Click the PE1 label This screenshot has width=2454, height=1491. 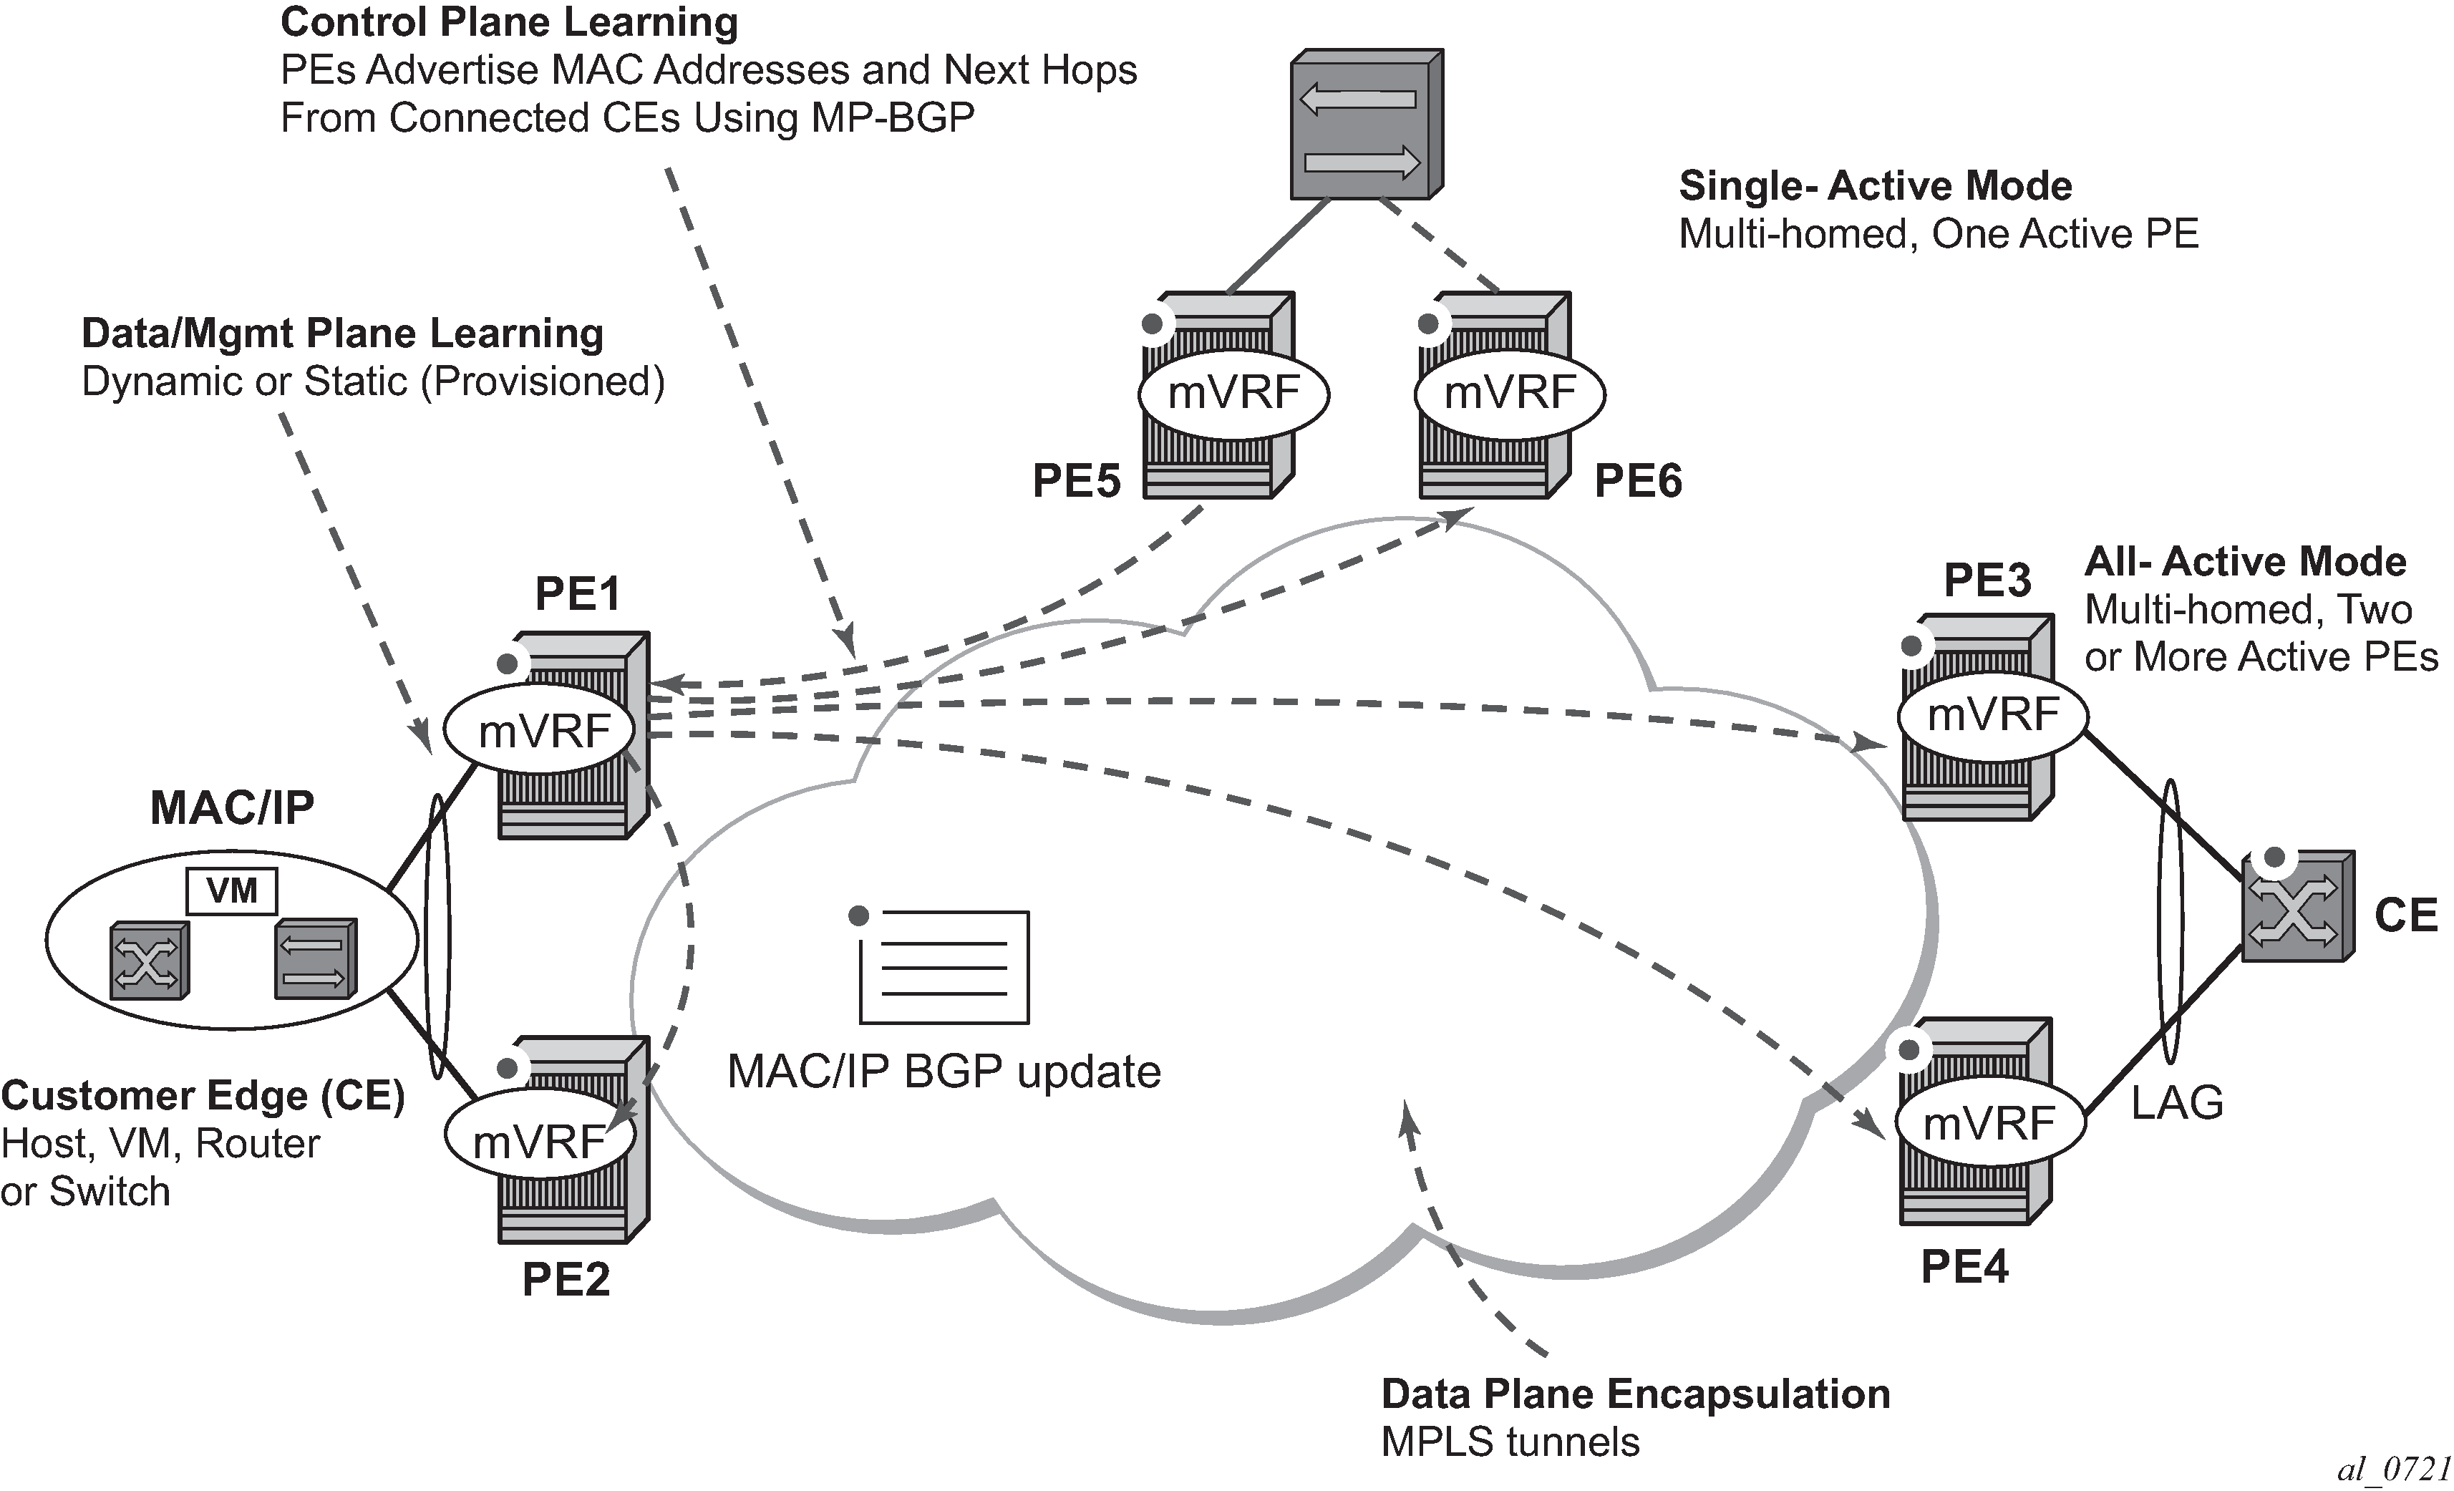578,595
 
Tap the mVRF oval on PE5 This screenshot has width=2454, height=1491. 1233,394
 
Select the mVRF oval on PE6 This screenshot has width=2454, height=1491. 1510,394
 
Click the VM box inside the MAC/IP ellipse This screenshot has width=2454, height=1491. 232,890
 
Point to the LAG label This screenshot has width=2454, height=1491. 2177,1102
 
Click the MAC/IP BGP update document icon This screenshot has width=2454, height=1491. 943,966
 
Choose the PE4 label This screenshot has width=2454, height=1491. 1964,1267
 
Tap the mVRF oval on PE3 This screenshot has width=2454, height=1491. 1992,715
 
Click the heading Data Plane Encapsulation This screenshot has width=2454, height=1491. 1635,1394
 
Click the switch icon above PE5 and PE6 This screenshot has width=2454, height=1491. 1367,125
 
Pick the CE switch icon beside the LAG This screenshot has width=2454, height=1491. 2297,906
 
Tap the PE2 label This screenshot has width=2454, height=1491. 566,1280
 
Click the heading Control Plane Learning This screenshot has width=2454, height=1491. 509,22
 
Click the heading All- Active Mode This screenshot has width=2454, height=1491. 2245,562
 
